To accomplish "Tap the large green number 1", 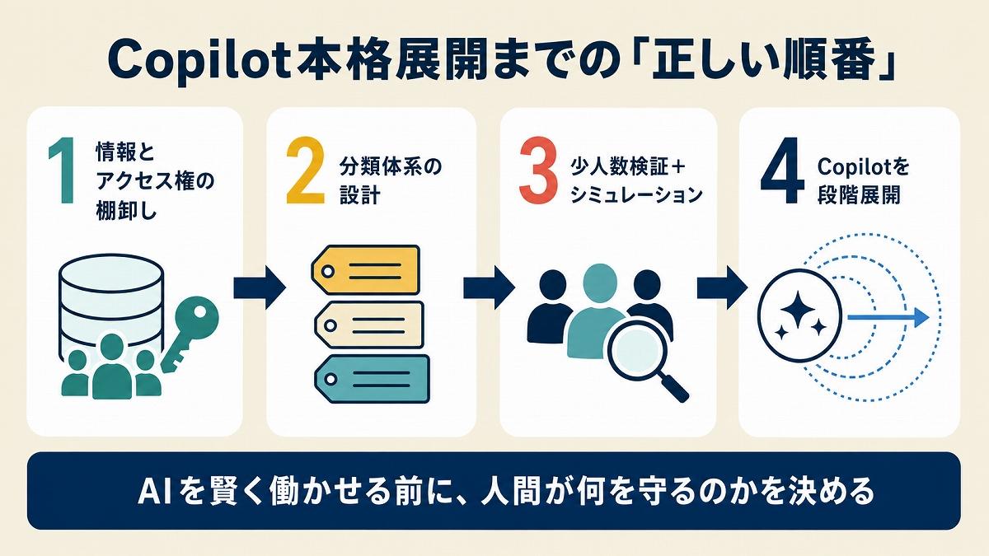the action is (61, 171).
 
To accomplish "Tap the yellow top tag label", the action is (366, 270).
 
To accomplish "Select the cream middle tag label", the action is (369, 325).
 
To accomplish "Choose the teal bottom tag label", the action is (372, 379).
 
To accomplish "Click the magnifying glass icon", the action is (645, 361).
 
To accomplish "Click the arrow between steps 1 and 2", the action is (260, 287).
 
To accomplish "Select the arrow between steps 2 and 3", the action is (490, 287).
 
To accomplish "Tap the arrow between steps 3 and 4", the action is (722, 287).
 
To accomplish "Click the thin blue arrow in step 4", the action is (888, 317).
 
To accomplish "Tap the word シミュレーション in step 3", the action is (636, 195).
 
